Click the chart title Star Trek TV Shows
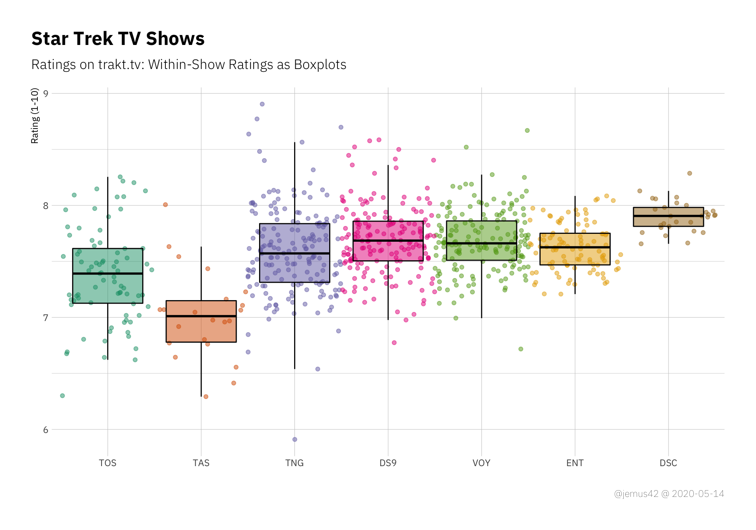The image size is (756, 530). pyautogui.click(x=118, y=39)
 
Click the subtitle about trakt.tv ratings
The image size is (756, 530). pyautogui.click(x=189, y=65)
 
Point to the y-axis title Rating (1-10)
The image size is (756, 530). pyautogui.click(x=35, y=116)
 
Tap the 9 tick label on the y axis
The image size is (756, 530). pyautogui.click(x=46, y=94)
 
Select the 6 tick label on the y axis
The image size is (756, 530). pyautogui.click(x=46, y=430)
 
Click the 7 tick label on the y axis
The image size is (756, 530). pyautogui.click(x=46, y=318)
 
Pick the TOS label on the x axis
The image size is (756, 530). pyautogui.click(x=107, y=463)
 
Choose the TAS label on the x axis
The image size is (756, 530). pyautogui.click(x=201, y=463)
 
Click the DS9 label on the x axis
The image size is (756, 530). pyautogui.click(x=388, y=463)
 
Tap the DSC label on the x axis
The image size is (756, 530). pyautogui.click(x=668, y=463)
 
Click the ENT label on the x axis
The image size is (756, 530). pyautogui.click(x=575, y=463)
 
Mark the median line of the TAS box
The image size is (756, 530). pyautogui.click(x=201, y=316)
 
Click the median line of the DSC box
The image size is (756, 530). pyautogui.click(x=668, y=216)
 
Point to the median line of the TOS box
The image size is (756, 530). pyautogui.click(x=107, y=273)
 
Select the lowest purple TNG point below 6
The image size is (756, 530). pyautogui.click(x=295, y=439)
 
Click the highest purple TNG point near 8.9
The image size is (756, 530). pyautogui.click(x=262, y=104)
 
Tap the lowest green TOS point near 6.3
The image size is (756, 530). pyautogui.click(x=62, y=396)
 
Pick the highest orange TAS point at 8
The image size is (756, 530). pyautogui.click(x=165, y=205)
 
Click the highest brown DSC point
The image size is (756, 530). pyautogui.click(x=689, y=173)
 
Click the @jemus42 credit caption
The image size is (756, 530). pyautogui.click(x=669, y=494)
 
